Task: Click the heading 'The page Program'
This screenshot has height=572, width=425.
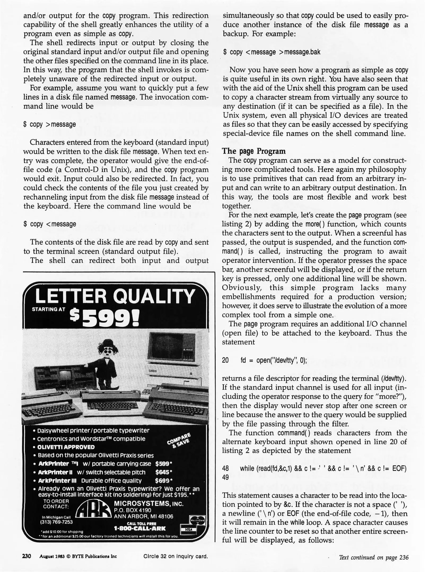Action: click(254, 151)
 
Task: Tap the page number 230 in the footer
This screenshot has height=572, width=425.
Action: click(27, 556)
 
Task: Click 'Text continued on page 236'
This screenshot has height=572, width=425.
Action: click(374, 557)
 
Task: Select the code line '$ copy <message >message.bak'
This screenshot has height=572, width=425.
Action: click(272, 52)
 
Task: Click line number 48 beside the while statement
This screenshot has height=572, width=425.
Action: click(226, 468)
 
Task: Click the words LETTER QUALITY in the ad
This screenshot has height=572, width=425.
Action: click(115, 296)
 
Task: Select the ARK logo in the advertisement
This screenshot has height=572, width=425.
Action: click(93, 510)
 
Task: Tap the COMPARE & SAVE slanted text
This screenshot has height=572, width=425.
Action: click(179, 440)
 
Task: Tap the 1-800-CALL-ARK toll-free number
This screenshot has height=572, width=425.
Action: click(140, 529)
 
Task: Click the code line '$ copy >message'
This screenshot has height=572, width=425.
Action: click(50, 124)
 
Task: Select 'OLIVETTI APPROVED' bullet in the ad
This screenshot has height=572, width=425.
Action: click(66, 447)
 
